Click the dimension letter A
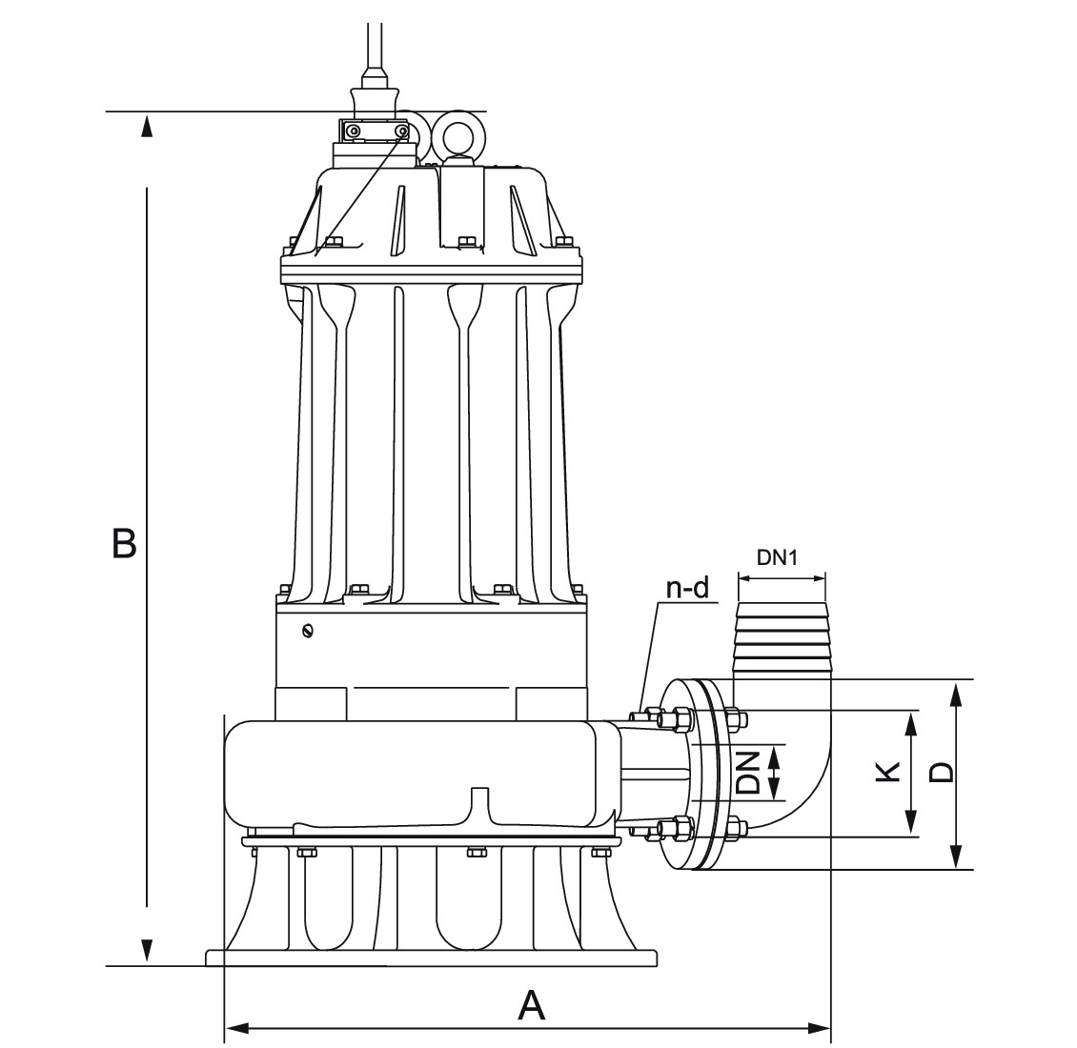coord(531,1005)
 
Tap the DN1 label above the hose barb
coord(777,557)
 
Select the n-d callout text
coord(687,588)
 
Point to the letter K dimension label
coord(887,772)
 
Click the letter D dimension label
coord(941,772)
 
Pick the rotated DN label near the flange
coord(748,773)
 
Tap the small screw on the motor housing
coord(306,630)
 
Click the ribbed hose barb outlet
coord(782,638)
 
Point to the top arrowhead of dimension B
coord(147,126)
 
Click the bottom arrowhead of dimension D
coord(955,857)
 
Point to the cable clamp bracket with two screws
coord(376,131)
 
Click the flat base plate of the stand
coord(431,957)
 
